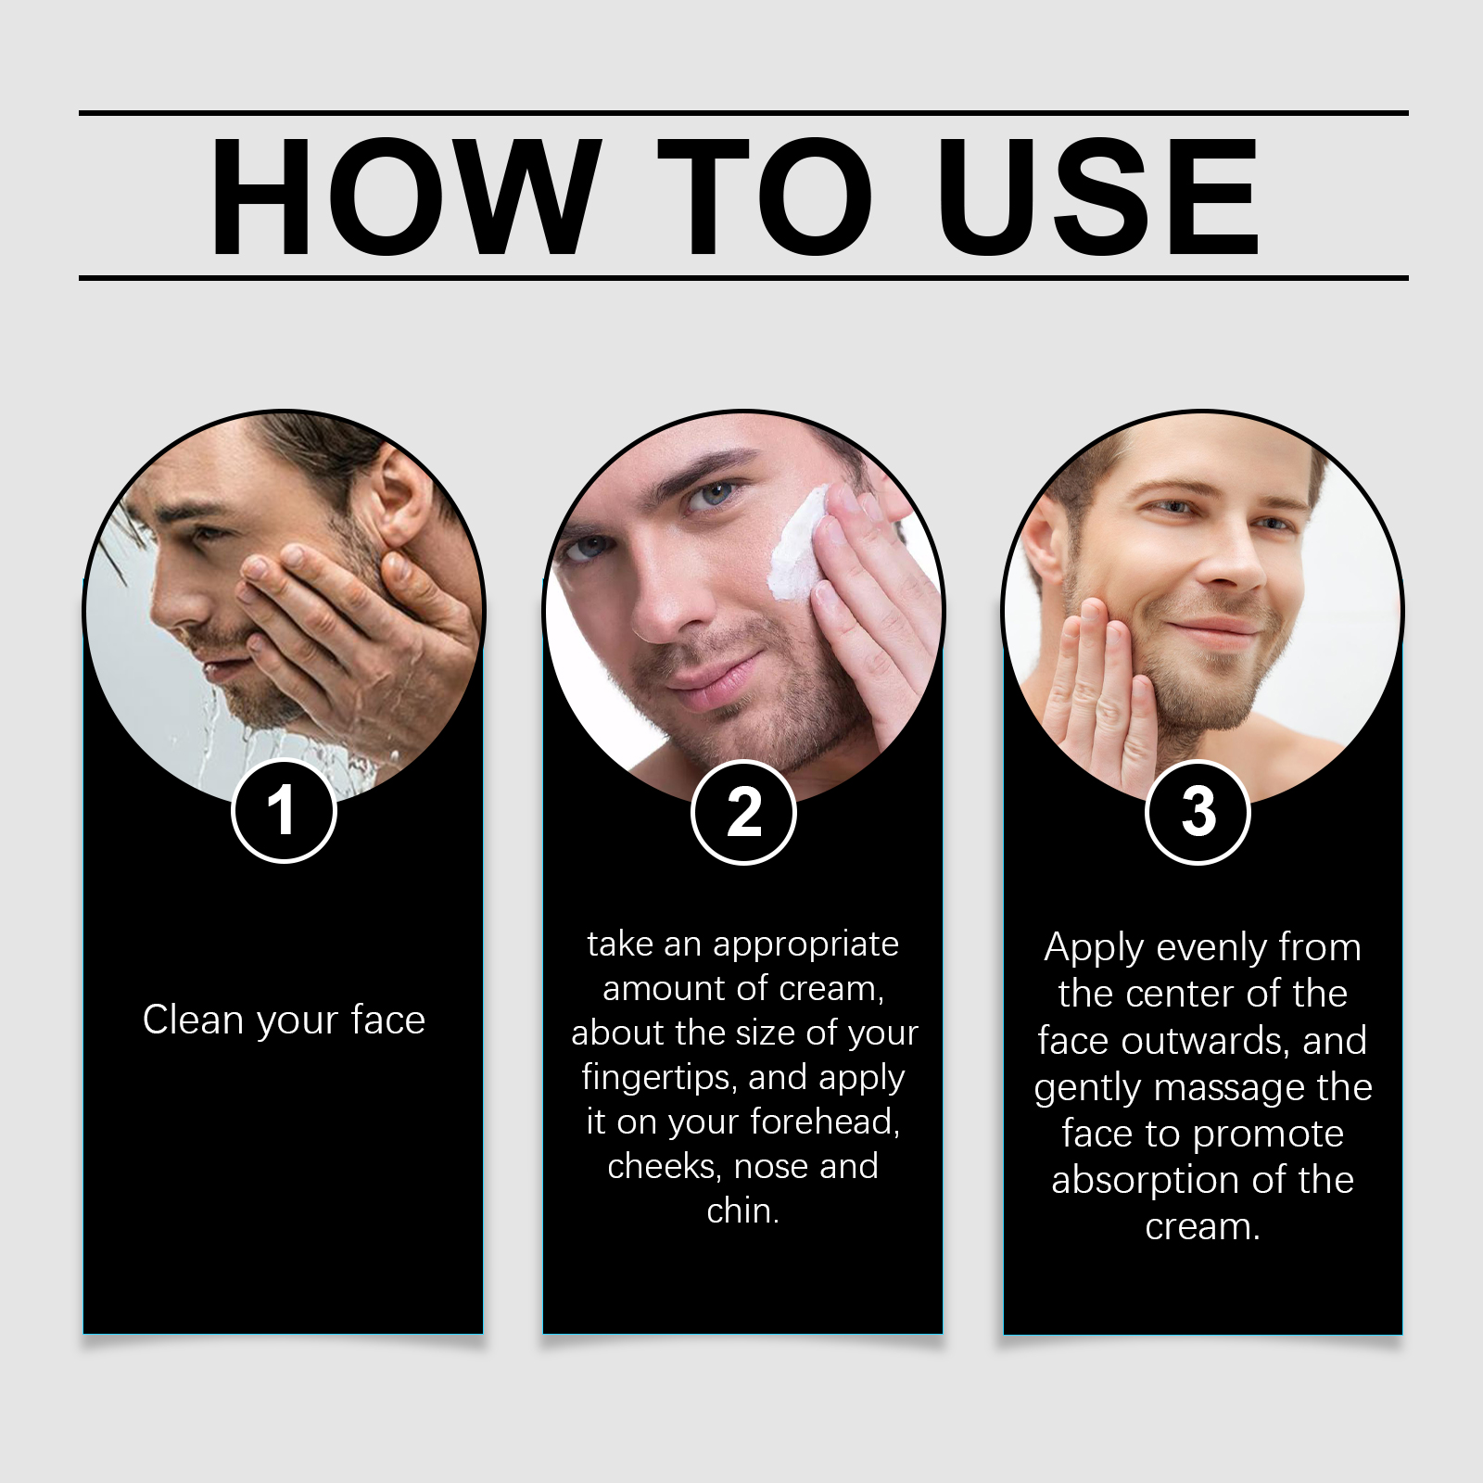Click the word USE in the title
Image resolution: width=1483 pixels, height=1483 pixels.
click(1099, 196)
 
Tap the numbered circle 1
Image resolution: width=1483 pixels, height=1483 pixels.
click(283, 811)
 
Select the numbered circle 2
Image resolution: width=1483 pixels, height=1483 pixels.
click(743, 812)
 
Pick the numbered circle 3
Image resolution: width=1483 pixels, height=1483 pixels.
click(1198, 812)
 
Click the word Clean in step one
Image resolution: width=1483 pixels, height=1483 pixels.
click(195, 1020)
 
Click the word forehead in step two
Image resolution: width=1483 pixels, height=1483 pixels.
click(825, 1122)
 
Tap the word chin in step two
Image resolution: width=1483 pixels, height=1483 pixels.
click(742, 1210)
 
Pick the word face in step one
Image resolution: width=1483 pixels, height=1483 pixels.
click(388, 1020)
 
